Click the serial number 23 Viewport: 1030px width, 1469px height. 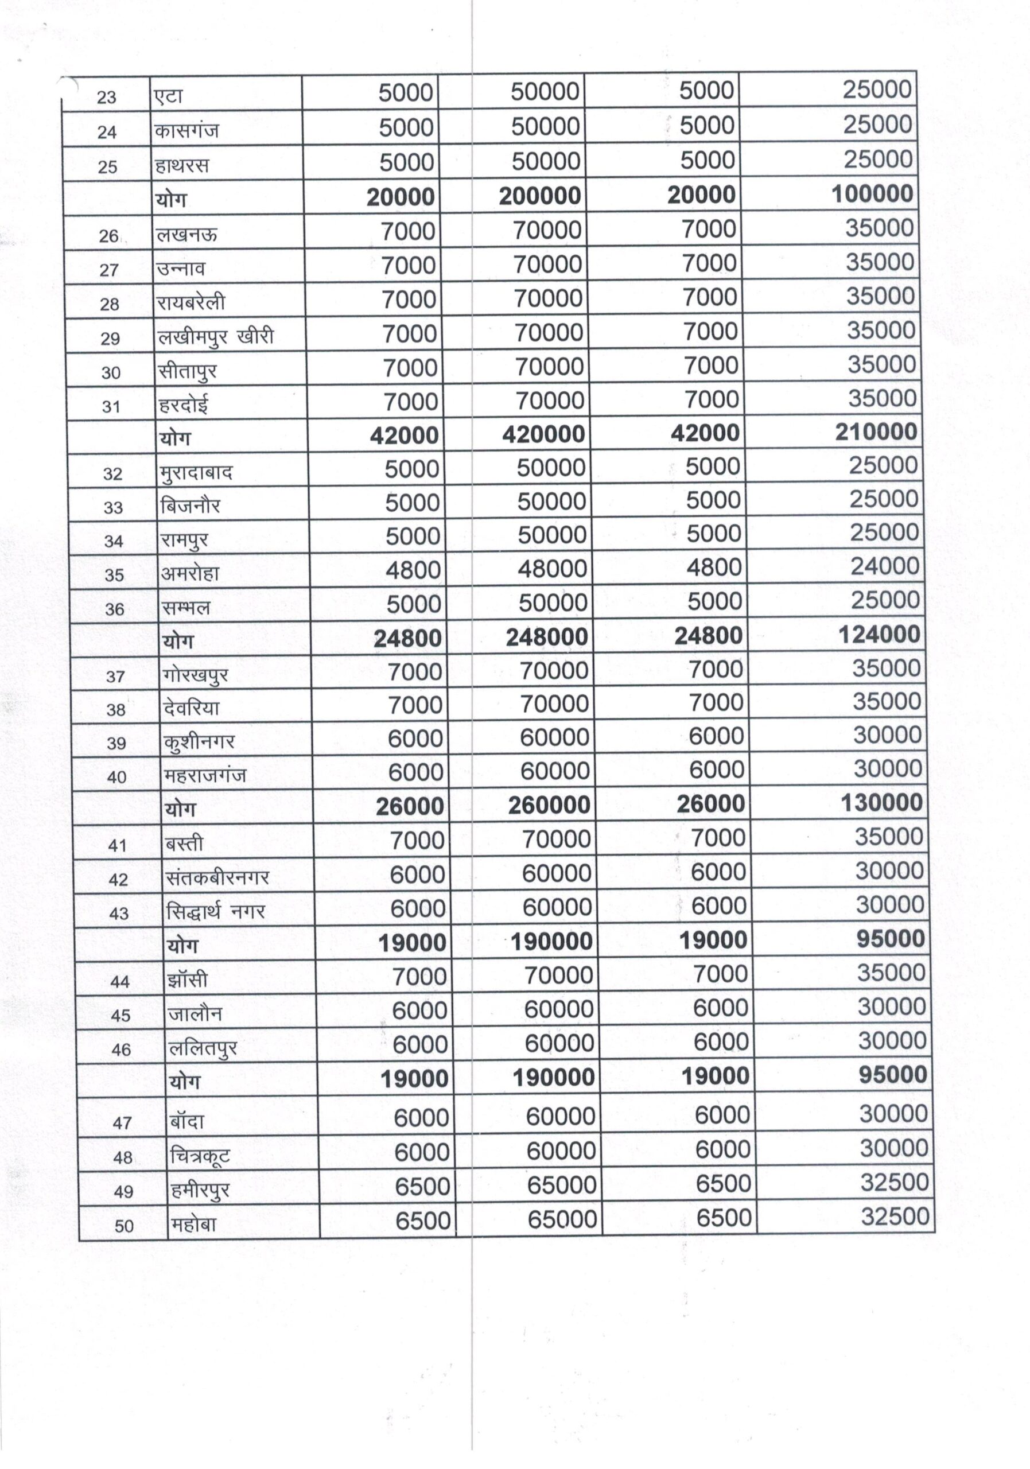pos(106,97)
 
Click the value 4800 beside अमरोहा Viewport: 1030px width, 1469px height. pos(413,570)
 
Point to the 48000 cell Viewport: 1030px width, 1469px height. pos(551,569)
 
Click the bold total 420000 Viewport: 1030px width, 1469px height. pos(543,434)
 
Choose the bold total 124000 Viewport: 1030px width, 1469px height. pos(880,635)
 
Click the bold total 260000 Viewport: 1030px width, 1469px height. pos(549,806)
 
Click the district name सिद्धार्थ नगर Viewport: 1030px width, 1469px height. pos(215,912)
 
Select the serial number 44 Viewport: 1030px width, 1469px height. pos(119,981)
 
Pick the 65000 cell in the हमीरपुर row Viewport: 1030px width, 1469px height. pos(562,1186)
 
